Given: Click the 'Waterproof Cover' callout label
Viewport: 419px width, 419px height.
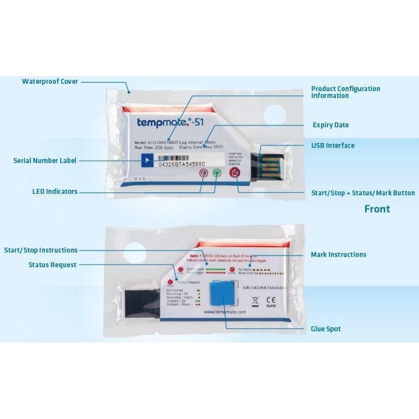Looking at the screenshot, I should point(50,82).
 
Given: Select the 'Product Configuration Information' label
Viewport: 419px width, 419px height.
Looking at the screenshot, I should point(346,92).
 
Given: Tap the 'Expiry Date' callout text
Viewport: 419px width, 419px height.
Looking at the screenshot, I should point(330,125).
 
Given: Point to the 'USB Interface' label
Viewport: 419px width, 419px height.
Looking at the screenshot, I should point(333,146).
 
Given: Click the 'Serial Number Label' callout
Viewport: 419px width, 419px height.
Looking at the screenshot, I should point(45,161).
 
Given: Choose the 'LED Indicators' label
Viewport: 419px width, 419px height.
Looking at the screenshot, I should point(54,192).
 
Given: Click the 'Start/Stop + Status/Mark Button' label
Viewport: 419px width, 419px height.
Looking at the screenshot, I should point(363,193).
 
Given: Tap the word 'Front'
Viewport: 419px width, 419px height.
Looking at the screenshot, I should point(377,210).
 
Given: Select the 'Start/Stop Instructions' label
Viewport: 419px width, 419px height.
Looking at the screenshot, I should point(41,250).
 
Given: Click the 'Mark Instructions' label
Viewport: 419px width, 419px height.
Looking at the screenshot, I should point(338,255).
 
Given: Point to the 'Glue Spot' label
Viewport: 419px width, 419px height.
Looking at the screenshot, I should point(326,329).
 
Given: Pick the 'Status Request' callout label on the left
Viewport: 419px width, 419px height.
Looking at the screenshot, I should point(52,265).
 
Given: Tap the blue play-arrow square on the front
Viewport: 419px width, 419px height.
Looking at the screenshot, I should point(148,160).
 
